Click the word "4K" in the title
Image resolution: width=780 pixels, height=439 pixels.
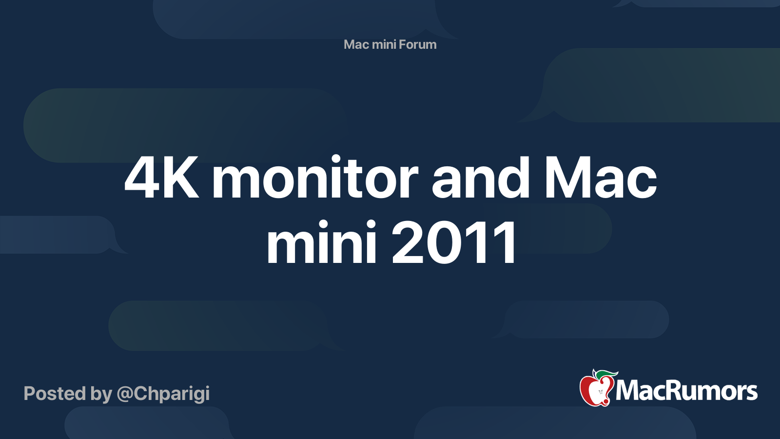(x=162, y=178)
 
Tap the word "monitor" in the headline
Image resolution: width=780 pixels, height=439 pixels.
(x=315, y=178)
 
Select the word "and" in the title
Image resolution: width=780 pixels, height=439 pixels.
(x=481, y=178)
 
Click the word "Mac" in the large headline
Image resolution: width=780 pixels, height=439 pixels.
(x=601, y=178)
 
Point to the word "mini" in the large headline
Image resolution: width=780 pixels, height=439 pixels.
(x=321, y=242)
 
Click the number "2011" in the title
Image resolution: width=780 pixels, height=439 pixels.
(x=454, y=242)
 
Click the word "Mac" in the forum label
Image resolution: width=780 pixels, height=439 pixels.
(x=356, y=44)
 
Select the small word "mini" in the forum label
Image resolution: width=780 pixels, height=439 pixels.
(x=384, y=44)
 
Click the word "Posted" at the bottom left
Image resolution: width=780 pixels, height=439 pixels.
(x=55, y=393)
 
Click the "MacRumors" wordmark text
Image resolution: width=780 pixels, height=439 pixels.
(x=686, y=391)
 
